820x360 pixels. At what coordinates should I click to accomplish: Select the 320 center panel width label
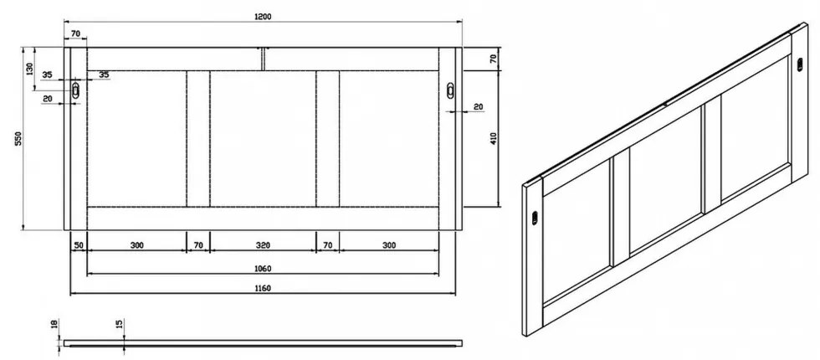(x=262, y=245)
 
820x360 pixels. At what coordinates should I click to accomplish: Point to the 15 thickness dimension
(x=120, y=324)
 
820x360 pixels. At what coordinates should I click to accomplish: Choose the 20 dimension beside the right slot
(x=478, y=106)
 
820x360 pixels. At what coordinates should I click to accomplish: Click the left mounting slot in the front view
(x=77, y=91)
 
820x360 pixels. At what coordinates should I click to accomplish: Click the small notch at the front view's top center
(x=263, y=58)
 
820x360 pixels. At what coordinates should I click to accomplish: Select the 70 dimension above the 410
(x=494, y=59)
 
